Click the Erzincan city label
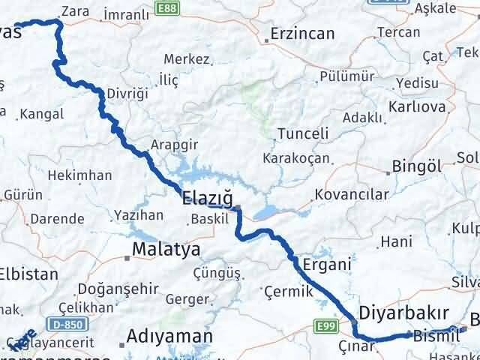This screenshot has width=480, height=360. [x=302, y=35]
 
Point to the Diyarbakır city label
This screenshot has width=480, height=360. [x=404, y=312]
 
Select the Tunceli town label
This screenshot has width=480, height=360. [x=303, y=133]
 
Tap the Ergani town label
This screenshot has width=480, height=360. [x=326, y=264]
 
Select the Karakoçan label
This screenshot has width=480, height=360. [x=292, y=159]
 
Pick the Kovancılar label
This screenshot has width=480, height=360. [x=352, y=195]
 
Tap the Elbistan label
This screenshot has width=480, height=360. [x=28, y=274]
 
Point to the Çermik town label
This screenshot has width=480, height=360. [x=285, y=290]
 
